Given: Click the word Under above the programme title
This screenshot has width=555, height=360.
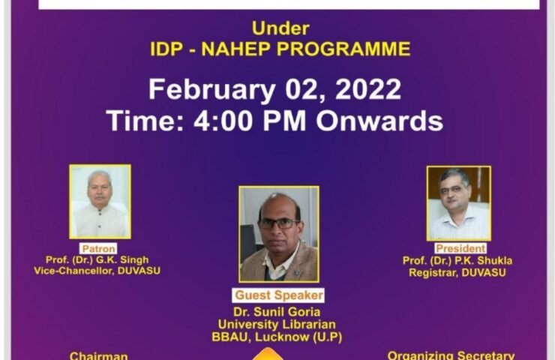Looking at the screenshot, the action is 280,28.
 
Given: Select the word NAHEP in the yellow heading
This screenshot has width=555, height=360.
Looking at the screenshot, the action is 236,49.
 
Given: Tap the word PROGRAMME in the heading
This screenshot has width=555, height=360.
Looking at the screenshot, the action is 343,49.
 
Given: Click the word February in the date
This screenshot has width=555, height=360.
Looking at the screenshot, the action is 211,90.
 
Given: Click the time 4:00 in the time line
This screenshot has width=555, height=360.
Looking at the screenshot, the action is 223,121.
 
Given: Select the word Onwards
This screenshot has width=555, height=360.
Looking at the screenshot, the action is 379,121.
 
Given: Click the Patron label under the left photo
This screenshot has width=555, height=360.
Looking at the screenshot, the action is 98,248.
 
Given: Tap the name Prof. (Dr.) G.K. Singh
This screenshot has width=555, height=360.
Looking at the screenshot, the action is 97,259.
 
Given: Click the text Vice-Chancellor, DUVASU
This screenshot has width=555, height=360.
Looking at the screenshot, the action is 97,271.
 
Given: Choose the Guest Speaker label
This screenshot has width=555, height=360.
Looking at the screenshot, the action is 278,295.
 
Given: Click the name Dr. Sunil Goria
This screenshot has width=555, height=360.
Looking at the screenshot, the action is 277,312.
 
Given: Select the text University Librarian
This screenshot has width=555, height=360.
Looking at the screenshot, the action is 277,324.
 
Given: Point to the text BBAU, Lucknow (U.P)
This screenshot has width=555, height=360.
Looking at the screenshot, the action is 277,337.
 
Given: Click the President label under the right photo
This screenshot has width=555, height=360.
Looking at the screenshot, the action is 460,248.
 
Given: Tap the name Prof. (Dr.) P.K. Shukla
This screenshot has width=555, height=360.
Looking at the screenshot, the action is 457,261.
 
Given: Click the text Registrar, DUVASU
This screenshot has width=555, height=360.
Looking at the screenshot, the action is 457,272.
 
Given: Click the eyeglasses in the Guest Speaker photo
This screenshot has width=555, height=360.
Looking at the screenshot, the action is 278,224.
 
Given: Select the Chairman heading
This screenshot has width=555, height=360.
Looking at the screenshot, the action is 99,355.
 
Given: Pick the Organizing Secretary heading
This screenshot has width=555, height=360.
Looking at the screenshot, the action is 451,355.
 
